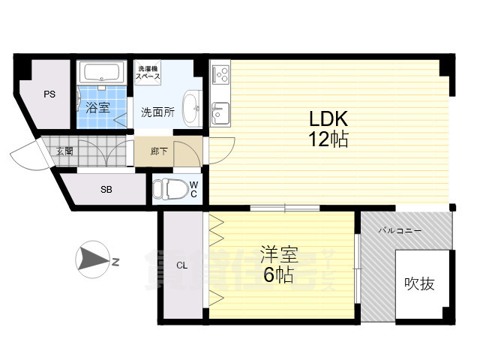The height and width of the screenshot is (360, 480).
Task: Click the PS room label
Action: [49, 94]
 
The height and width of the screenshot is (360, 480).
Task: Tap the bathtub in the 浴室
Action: [101, 73]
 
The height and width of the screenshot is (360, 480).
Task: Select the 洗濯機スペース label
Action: [148, 73]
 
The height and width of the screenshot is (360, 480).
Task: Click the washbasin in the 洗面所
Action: [192, 108]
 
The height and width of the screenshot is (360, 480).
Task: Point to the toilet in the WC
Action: [170, 189]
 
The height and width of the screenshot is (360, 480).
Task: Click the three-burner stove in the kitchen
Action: [220, 73]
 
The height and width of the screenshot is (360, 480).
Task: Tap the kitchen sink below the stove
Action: [220, 113]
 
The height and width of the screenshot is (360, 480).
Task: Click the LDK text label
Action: [328, 118]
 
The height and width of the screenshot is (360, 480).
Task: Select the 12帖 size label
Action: [328, 139]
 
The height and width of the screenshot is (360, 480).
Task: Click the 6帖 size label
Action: [278, 274]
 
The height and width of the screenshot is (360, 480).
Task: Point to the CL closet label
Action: [181, 265]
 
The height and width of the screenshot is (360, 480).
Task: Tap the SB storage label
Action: [106, 190]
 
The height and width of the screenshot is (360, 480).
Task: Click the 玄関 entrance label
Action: [64, 151]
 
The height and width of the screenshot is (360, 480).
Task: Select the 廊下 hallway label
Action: [159, 151]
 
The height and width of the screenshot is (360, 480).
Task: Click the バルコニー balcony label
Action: [400, 230]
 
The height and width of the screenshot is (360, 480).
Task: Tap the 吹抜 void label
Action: [419, 283]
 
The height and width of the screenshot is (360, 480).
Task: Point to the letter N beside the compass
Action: [115, 262]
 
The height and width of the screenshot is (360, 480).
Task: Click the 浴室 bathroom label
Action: [97, 107]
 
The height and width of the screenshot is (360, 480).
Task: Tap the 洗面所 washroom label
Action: [157, 112]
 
